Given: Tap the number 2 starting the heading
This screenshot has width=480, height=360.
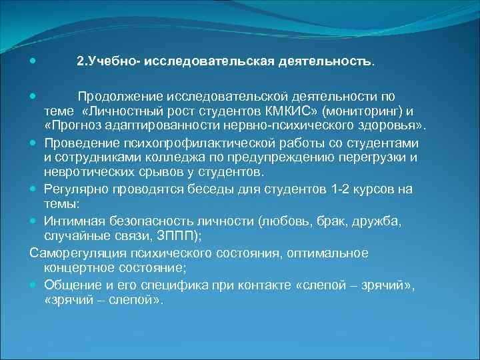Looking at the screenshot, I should click(80, 61).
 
